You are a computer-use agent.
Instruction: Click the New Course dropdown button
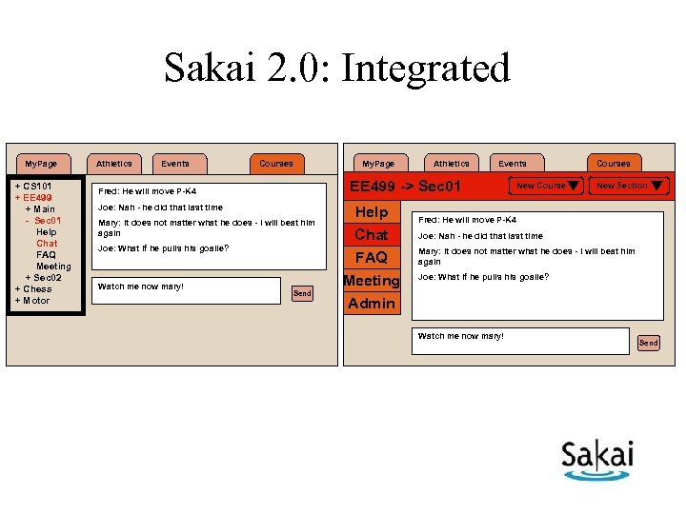546,186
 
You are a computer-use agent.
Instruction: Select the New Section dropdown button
628,186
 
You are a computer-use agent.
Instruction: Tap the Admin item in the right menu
372,304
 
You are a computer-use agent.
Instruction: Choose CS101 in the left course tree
33,186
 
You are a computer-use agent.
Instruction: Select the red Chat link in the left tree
47,244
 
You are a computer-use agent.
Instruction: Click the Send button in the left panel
302,293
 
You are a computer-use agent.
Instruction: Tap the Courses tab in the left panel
276,164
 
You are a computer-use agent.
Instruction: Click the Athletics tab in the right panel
452,164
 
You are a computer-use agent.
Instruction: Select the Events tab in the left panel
175,164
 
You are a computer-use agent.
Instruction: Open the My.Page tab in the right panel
378,164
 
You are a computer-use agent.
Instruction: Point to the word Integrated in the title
426,69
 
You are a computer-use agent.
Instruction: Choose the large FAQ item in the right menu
372,258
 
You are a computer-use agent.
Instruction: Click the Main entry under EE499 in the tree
40,209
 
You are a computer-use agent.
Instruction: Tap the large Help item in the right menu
372,212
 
